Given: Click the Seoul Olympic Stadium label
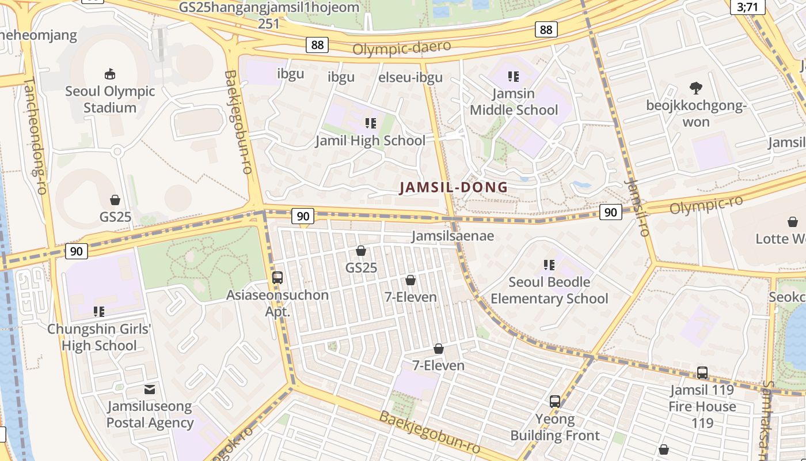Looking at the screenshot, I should pyautogui.click(x=110, y=100).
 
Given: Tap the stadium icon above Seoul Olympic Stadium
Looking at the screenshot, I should pyautogui.click(x=110, y=74).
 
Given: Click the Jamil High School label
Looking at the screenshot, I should pyautogui.click(x=370, y=141).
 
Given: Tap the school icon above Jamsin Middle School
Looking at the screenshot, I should pyautogui.click(x=514, y=76).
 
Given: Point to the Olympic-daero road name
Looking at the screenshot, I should pyautogui.click(x=401, y=48).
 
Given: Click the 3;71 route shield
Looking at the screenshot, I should pyautogui.click(x=751, y=7).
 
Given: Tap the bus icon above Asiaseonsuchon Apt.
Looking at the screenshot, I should pyautogui.click(x=277, y=278).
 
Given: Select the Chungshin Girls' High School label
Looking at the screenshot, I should pyautogui.click(x=99, y=337).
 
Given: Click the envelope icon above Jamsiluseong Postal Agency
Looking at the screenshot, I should pyautogui.click(x=150, y=389).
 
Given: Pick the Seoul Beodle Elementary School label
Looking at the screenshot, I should pyautogui.click(x=549, y=290).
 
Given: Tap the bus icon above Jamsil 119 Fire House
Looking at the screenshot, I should pyautogui.click(x=702, y=373).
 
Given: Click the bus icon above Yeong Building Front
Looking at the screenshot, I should pyautogui.click(x=555, y=402).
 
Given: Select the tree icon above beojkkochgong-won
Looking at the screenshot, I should pyautogui.click(x=695, y=88).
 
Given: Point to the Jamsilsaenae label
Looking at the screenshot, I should pyautogui.click(x=453, y=236).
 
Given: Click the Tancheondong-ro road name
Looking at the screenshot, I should pyautogui.click(x=35, y=135).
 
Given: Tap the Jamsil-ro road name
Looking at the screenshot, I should pyautogui.click(x=637, y=208).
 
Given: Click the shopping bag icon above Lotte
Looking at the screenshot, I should pyautogui.click(x=793, y=222).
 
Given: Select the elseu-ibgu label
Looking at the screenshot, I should pyautogui.click(x=410, y=78).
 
